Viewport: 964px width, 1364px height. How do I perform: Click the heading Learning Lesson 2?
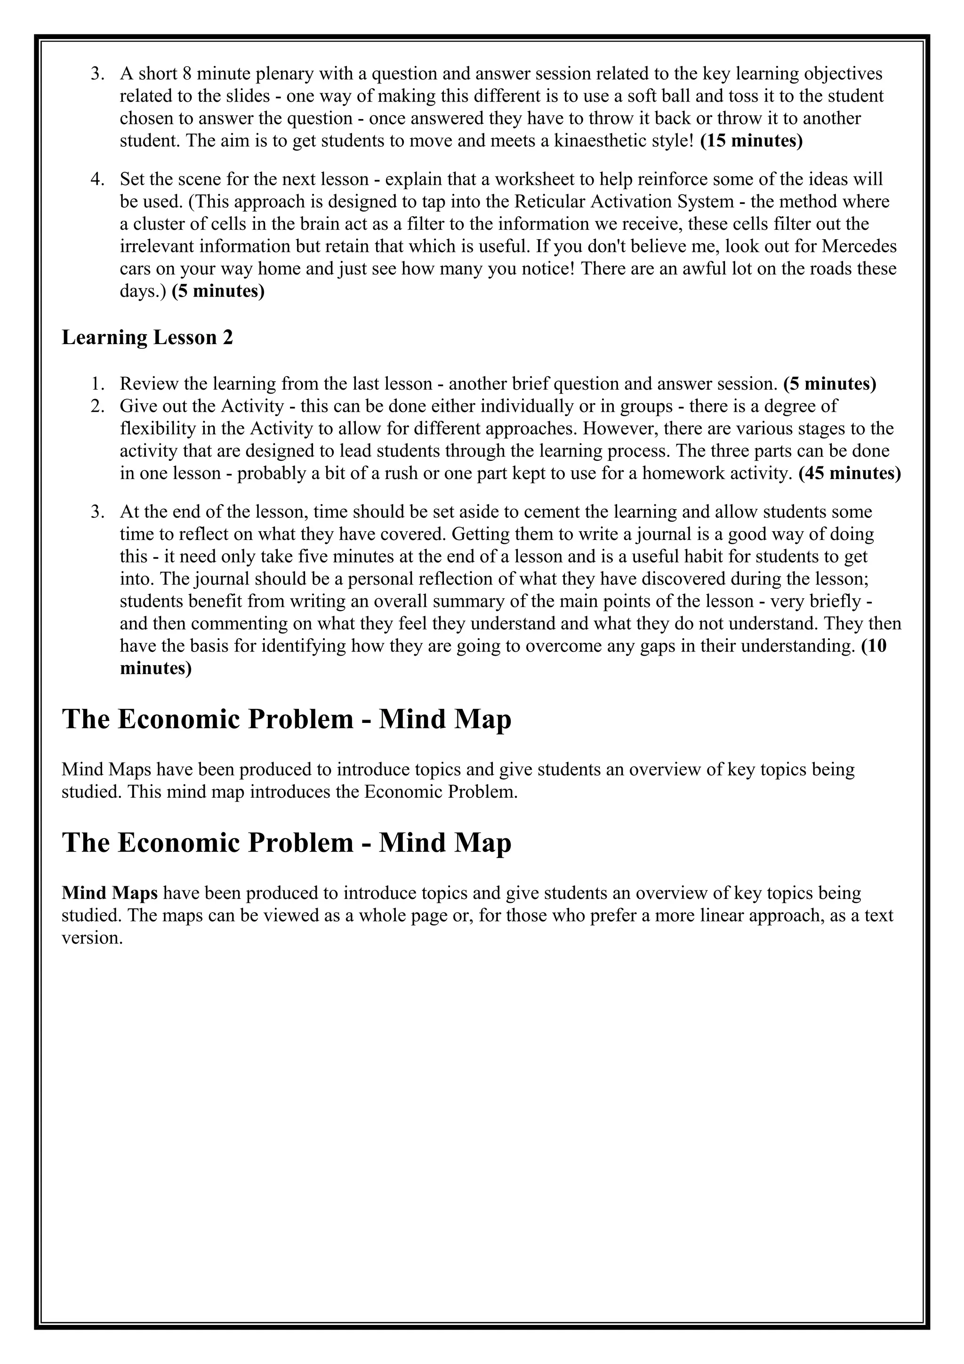click(x=147, y=337)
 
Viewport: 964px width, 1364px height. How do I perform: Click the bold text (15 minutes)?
click(x=751, y=141)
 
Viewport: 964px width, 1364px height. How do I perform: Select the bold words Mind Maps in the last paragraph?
click(x=110, y=893)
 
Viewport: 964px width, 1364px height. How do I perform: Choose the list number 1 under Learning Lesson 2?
click(x=98, y=384)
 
